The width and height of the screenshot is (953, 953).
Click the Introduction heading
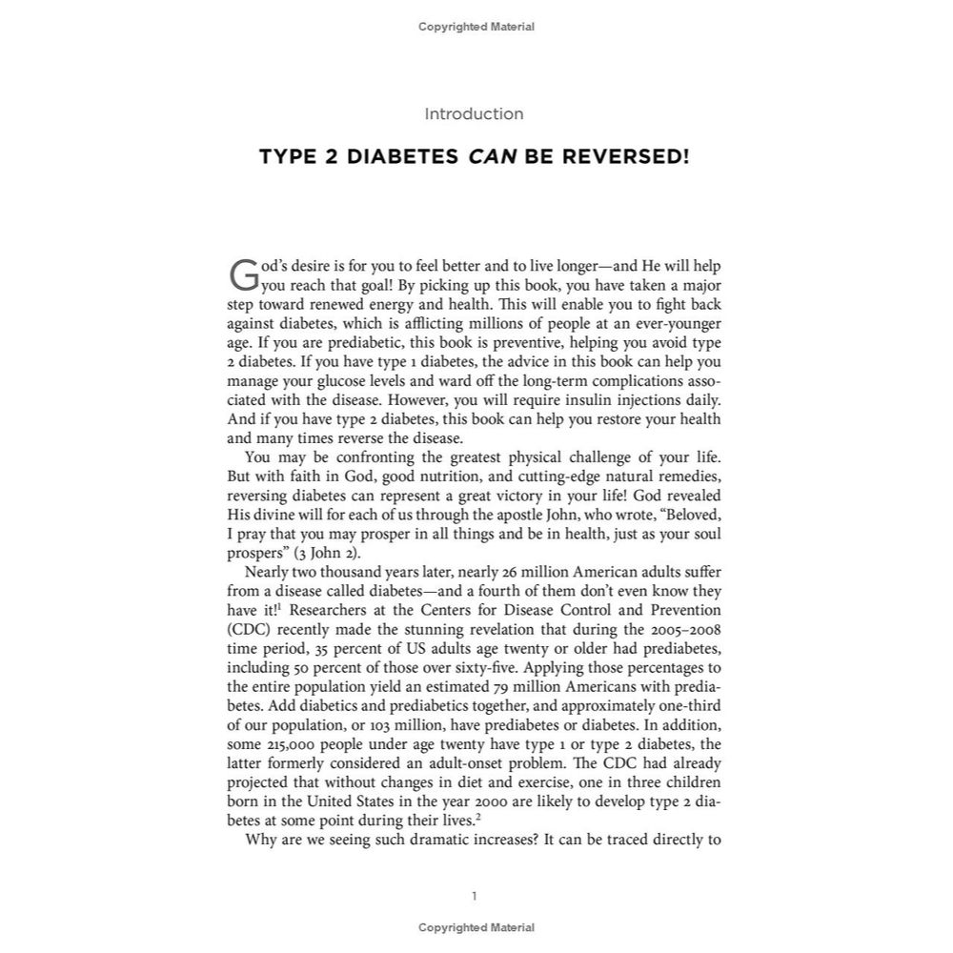474,114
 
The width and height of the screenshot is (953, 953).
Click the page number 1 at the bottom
475,896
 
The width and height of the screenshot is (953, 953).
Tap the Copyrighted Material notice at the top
476,27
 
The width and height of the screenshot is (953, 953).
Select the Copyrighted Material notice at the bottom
476,927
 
